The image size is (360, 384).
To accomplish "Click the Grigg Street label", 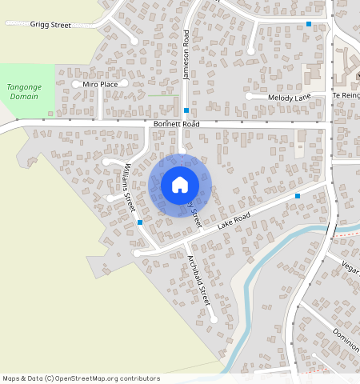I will point(51,25).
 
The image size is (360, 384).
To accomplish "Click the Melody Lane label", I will point(290,97).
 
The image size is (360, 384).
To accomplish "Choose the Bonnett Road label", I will point(176,125).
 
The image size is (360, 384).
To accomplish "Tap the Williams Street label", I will point(129,188).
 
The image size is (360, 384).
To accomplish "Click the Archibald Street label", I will point(198,281).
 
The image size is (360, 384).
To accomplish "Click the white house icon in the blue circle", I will point(180,185).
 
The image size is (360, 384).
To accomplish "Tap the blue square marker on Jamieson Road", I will point(186,110).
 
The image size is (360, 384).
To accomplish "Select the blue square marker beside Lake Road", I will point(298,196).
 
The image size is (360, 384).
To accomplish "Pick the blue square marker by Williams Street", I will point(140,222).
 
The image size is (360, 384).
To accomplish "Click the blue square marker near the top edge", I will point(309,24).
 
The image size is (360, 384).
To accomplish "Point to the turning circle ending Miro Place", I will point(78,83).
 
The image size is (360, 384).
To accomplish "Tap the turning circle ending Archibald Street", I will point(214,319).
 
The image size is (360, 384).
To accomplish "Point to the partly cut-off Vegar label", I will point(350,266).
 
